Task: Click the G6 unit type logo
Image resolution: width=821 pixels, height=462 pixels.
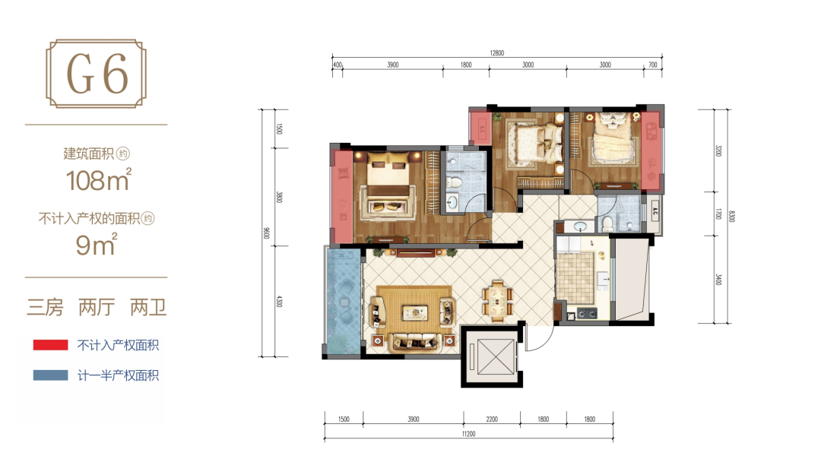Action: click(x=97, y=74)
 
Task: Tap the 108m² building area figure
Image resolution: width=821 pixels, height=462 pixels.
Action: click(x=98, y=180)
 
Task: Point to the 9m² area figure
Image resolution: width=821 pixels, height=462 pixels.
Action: click(x=97, y=245)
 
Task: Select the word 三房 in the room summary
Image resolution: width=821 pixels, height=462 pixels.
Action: click(x=45, y=307)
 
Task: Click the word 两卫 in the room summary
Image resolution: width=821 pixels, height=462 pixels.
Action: click(x=148, y=307)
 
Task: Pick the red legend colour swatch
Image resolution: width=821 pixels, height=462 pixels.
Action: click(x=50, y=345)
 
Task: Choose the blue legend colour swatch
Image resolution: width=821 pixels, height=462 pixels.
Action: click(x=50, y=375)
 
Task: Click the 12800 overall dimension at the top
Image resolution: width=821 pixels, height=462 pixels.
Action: click(x=497, y=53)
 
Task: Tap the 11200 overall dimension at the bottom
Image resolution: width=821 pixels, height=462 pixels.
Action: click(x=468, y=434)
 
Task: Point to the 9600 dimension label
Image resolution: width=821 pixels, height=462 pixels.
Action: click(x=267, y=233)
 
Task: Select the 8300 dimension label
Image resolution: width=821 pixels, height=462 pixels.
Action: click(x=731, y=216)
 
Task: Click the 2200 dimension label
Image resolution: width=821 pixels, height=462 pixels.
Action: click(x=492, y=419)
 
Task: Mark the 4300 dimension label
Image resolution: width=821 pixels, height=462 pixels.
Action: click(x=279, y=302)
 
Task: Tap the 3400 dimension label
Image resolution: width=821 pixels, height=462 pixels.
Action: click(x=718, y=280)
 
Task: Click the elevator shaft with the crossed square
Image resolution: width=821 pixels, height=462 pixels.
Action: click(x=492, y=357)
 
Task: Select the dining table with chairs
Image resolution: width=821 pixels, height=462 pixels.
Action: click(x=497, y=299)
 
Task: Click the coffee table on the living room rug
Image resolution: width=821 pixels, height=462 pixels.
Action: click(x=415, y=313)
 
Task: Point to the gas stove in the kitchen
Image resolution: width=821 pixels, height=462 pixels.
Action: click(x=587, y=313)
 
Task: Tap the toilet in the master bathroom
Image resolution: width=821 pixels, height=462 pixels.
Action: click(x=453, y=183)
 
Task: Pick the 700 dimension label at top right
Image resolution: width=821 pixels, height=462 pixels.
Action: click(x=652, y=65)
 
